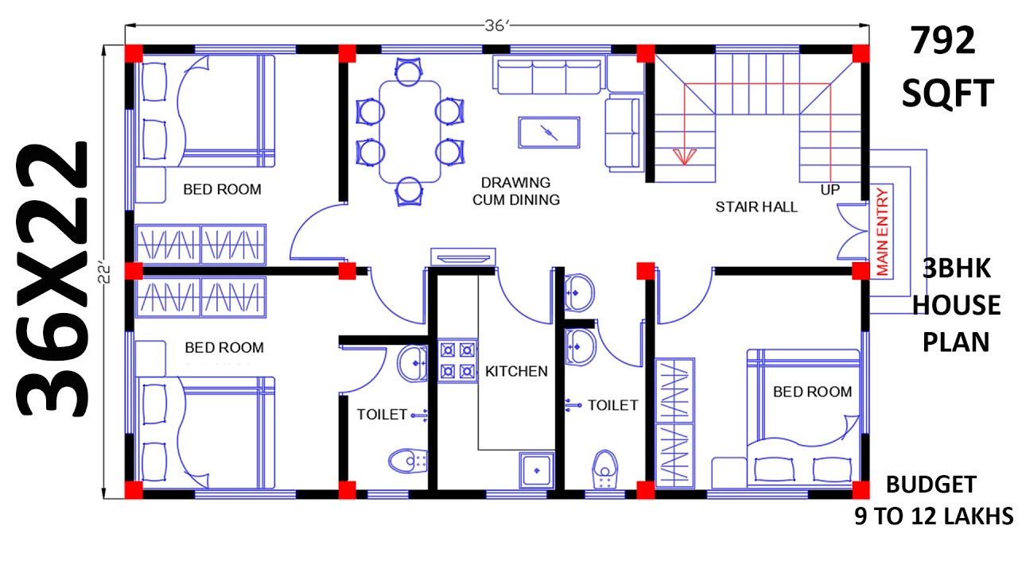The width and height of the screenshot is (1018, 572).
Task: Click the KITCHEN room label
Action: pos(516,371)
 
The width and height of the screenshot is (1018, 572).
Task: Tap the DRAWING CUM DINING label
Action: pos(516,191)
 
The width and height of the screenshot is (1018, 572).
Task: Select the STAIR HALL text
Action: pos(756,207)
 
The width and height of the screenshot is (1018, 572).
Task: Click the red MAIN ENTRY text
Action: pos(882,231)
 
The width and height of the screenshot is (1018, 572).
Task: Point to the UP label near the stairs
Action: pos(830,191)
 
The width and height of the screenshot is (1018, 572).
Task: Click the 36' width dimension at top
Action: pos(496,26)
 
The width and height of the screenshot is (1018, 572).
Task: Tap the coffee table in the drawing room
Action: pos(549,132)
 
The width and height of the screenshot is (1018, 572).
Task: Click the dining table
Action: pos(410,131)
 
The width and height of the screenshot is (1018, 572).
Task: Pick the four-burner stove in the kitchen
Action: pos(457,359)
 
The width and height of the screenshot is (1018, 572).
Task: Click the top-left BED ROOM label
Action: pos(222,190)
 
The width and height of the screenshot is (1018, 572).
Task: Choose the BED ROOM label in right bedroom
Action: pos(812,392)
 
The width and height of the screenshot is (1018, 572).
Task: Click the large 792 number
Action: pos(943,41)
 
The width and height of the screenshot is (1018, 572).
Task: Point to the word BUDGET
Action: pos(931,484)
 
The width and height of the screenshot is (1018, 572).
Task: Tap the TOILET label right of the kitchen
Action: pos(612,405)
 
